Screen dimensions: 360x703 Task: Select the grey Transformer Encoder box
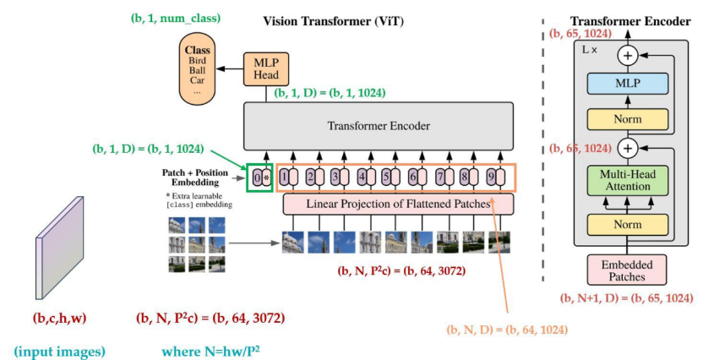click(379, 127)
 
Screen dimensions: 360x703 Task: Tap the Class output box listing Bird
click(197, 69)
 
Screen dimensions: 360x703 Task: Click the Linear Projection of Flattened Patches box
click(398, 204)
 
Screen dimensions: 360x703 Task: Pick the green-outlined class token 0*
click(259, 177)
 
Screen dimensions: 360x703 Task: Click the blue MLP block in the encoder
click(626, 85)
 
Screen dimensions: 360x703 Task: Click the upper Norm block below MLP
click(626, 119)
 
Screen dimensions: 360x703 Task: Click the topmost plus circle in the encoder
click(626, 56)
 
